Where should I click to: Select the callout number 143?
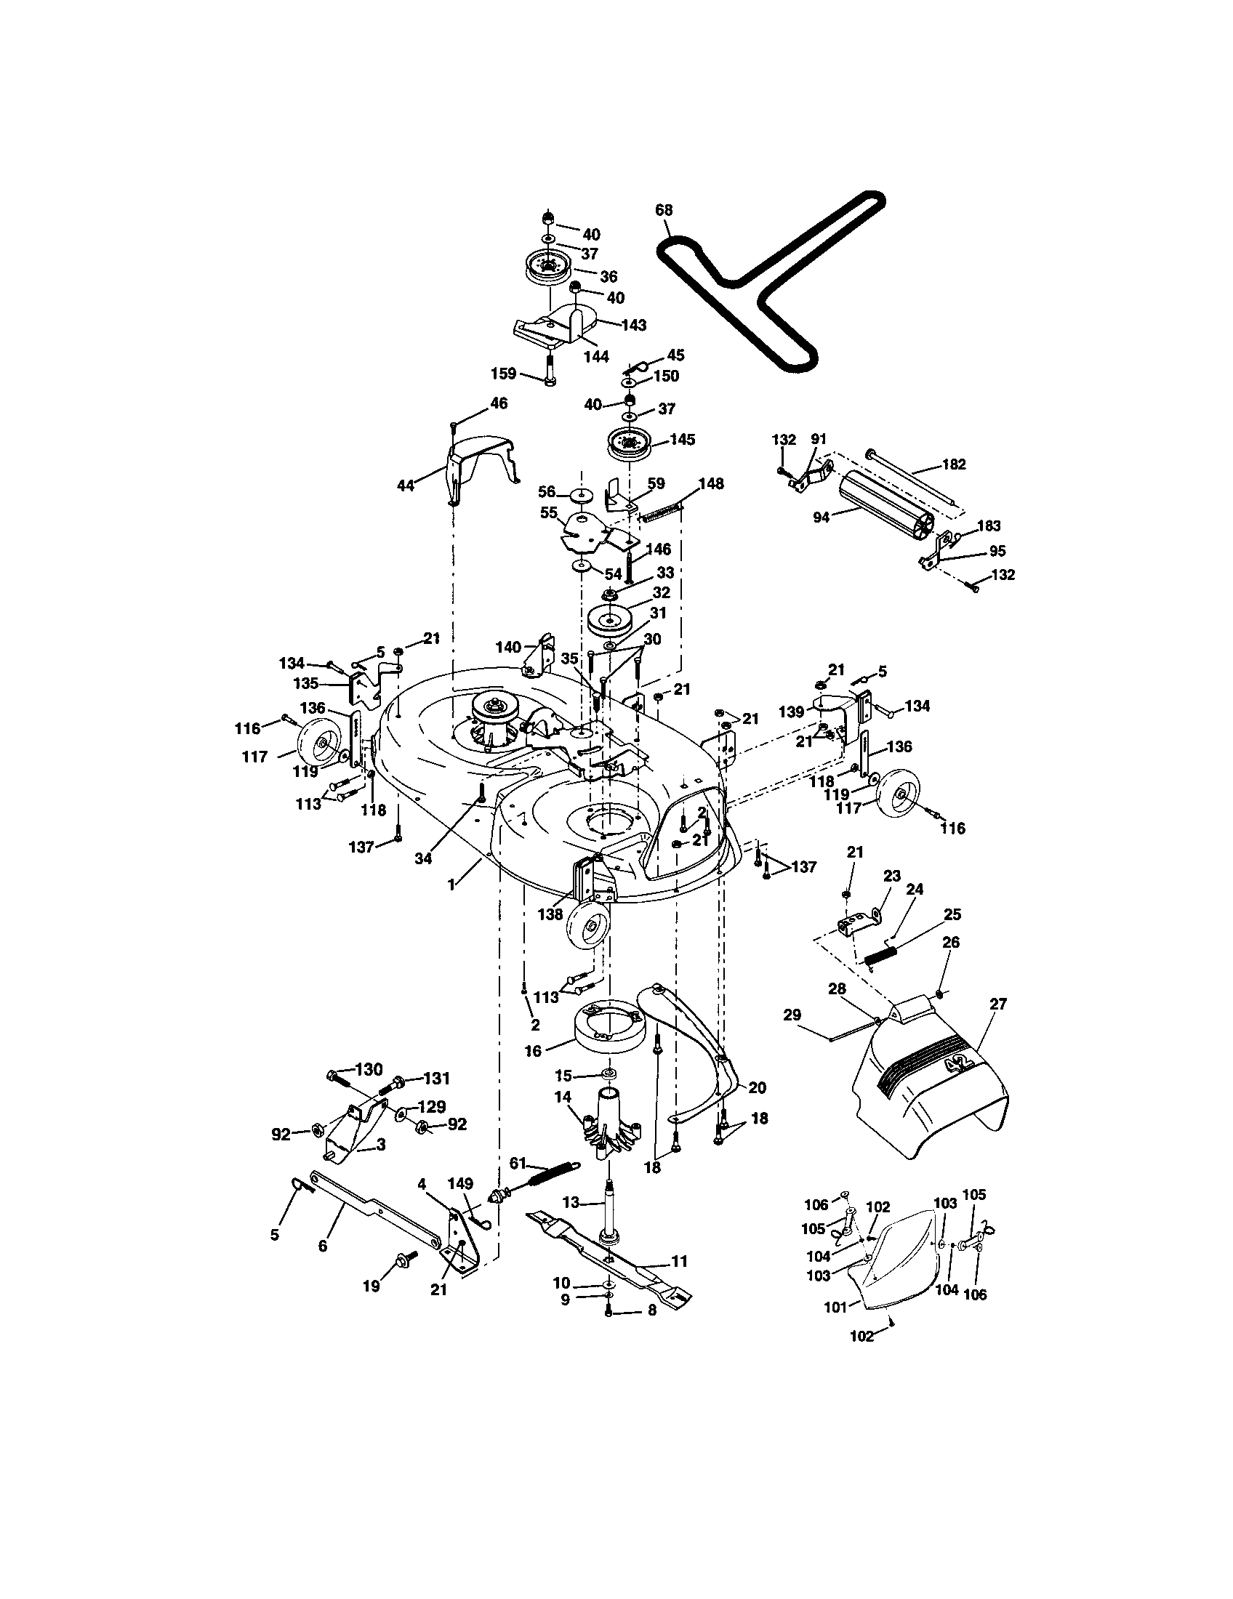[634, 324]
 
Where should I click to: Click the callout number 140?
[508, 646]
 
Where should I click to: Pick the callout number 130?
[369, 1070]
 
